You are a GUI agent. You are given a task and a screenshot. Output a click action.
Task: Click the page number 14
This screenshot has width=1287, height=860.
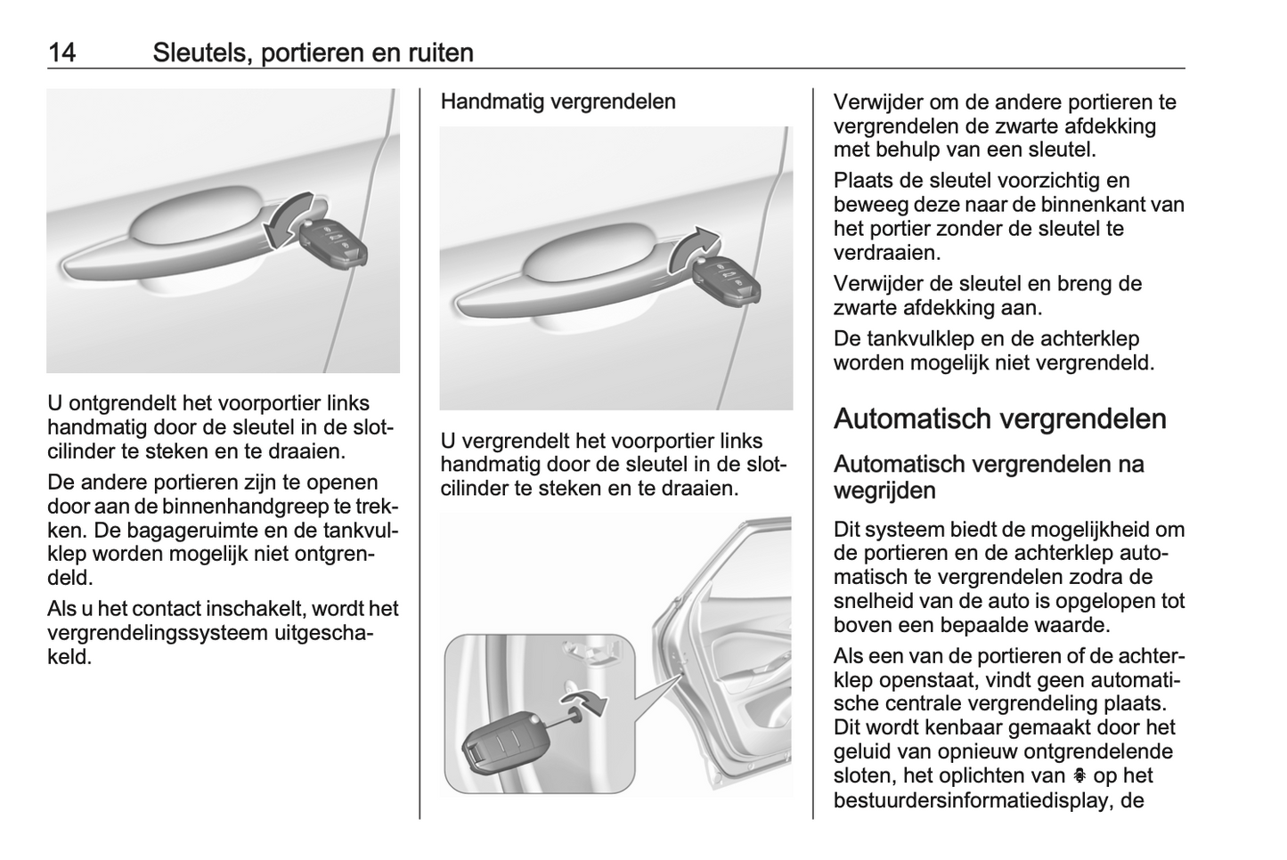click(62, 53)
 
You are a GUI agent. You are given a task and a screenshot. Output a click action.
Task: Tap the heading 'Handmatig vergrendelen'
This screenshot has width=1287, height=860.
click(558, 101)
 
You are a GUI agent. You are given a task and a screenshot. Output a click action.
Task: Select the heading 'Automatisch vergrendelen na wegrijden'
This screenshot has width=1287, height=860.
click(989, 477)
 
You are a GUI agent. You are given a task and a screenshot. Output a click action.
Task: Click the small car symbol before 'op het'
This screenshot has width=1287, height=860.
click(1079, 775)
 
